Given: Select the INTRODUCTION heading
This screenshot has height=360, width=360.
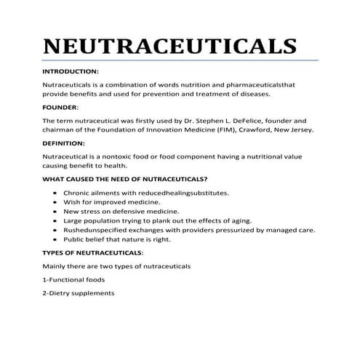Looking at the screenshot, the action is [x=71, y=72].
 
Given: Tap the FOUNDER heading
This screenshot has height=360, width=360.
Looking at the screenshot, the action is [x=60, y=107].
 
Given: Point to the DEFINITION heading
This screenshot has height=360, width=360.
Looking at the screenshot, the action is [x=65, y=143].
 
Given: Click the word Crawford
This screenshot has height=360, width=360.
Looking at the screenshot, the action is [x=248, y=130].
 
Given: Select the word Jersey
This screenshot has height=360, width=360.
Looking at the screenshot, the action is [x=301, y=130].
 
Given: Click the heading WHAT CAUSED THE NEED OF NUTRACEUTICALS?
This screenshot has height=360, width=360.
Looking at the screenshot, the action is [x=125, y=178].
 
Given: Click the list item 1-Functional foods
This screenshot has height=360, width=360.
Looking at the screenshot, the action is [x=73, y=279].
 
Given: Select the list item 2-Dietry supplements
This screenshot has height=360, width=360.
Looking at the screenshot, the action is [x=79, y=293].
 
